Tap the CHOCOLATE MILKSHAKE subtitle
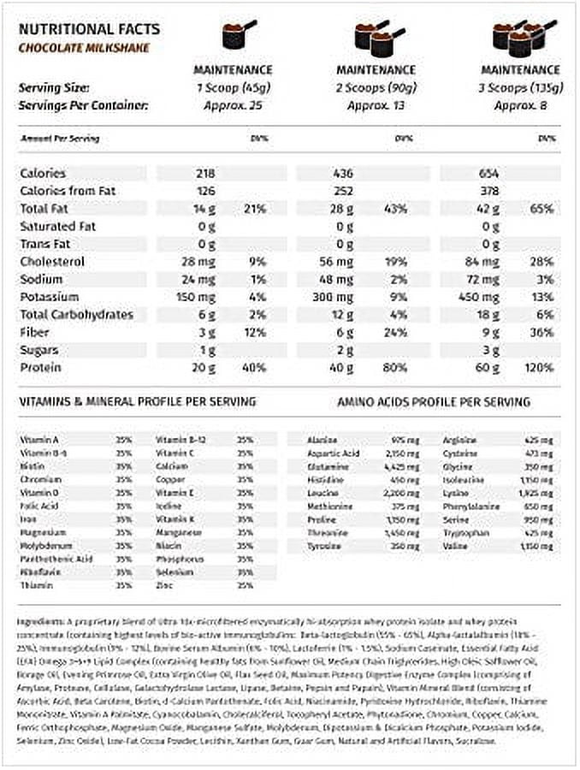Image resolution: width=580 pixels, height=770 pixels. tap(84, 48)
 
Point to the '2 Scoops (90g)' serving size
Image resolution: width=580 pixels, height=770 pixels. tap(376, 88)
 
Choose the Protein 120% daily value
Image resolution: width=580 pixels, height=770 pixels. tap(537, 367)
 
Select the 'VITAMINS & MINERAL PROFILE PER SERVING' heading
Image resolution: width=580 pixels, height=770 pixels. tap(136, 402)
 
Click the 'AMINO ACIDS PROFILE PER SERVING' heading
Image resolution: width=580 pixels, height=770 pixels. tap(434, 402)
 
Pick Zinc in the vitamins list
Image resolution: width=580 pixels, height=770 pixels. tap(165, 585)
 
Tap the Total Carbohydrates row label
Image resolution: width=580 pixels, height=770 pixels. tap(76, 314)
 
